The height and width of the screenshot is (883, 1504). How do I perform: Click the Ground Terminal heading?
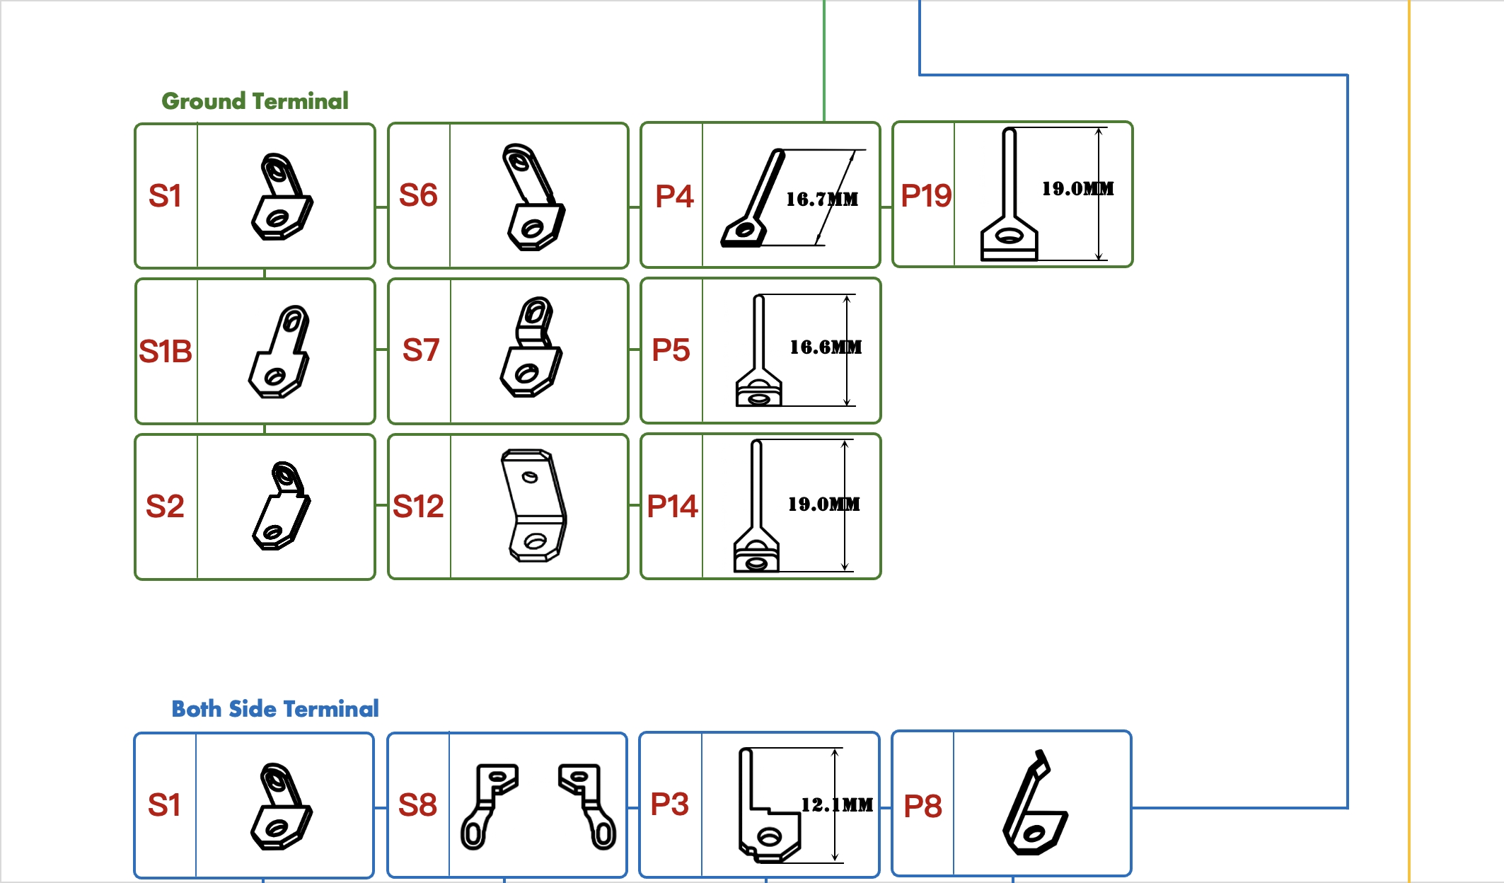255,101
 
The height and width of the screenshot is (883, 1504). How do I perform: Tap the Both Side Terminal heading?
275,709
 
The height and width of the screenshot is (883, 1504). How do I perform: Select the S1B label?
166,352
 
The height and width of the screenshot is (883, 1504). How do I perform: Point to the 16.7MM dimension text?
822,200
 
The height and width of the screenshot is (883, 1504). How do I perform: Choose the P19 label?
926,196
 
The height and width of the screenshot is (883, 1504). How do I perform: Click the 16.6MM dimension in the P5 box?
826,347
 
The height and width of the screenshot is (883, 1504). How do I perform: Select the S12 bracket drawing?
534,505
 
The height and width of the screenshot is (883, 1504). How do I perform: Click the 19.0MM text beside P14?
824,504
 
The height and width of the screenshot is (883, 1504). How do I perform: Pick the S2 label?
165,507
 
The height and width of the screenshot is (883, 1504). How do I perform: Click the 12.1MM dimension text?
837,805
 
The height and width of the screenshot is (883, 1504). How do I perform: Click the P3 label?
669,804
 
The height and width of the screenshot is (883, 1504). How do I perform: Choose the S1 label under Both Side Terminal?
164,805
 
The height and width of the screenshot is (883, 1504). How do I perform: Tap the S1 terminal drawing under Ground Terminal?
282,197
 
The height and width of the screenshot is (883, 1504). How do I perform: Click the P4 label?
674,197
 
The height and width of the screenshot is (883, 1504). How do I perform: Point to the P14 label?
672,507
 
